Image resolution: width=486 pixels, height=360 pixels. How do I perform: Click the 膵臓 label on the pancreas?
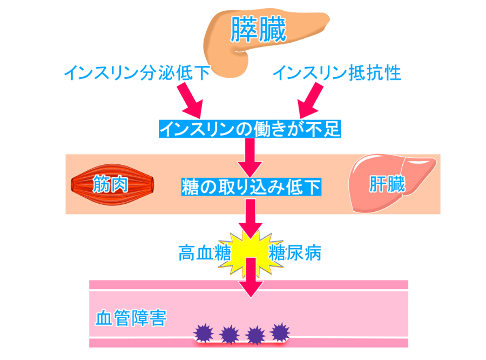tap(258, 30)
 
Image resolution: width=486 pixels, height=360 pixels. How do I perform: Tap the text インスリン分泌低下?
tap(137, 73)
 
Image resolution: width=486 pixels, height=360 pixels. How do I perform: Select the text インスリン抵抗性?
tap(337, 73)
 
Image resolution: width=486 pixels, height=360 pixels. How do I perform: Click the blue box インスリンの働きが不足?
tap(249, 129)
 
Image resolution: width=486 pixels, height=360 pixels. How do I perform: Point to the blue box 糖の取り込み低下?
tap(251, 186)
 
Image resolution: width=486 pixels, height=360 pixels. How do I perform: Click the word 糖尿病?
tap(294, 252)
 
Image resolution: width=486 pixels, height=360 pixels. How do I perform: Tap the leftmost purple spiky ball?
tap(204, 332)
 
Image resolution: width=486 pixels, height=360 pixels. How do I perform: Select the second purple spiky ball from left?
tap(230, 334)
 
